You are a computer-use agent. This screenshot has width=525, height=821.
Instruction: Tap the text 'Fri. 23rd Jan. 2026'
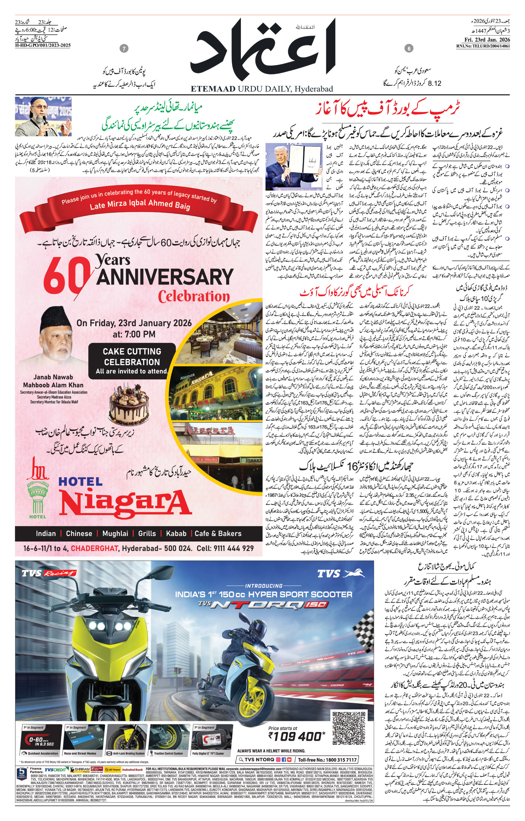click(x=483, y=40)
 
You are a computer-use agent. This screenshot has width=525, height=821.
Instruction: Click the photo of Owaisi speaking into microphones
click(x=43, y=116)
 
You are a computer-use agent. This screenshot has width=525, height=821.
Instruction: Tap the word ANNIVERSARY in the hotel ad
click(x=165, y=277)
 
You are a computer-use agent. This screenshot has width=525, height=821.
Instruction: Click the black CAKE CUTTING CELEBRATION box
click(x=132, y=361)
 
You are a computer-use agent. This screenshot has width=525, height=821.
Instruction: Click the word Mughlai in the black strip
click(x=115, y=533)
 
